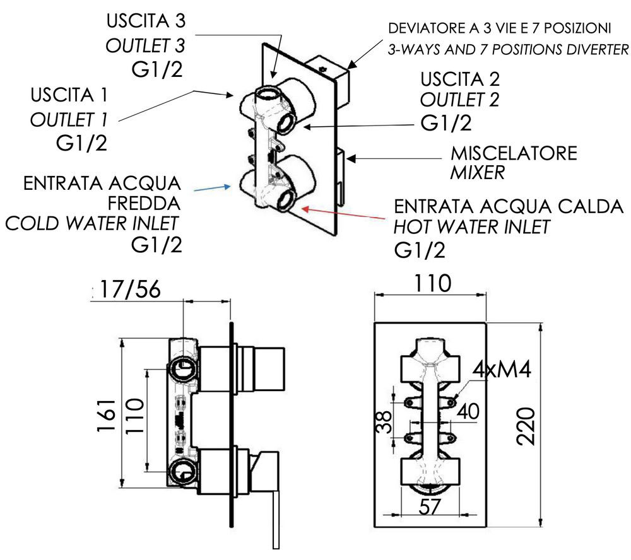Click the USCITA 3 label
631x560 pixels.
click(146, 21)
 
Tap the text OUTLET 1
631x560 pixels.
click(70, 120)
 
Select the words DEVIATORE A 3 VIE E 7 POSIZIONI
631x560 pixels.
click(499, 28)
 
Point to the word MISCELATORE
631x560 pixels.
click(513, 153)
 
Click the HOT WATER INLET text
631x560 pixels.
click(471, 227)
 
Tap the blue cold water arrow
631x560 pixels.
click(211, 187)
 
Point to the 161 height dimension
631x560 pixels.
click(107, 415)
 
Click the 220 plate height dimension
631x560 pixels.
click(528, 426)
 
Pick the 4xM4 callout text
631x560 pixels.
click(500, 370)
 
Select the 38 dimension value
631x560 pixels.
click(383, 421)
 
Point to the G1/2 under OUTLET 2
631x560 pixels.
click(445, 124)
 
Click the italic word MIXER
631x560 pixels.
click(476, 173)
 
